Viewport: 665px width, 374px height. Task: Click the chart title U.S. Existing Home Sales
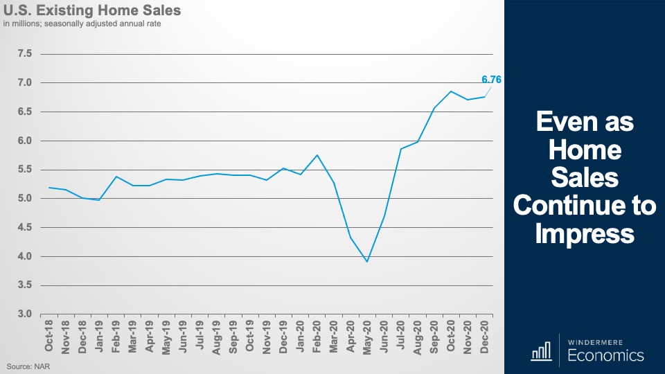[92, 11]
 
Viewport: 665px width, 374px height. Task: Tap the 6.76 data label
[491, 80]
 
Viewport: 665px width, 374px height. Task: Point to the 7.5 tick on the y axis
[24, 54]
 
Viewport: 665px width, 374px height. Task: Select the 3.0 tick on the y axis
[24, 314]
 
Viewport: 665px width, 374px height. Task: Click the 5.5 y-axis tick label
[24, 170]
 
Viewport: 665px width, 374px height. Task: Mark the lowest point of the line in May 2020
[366, 262]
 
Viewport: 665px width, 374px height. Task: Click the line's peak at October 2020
[450, 91]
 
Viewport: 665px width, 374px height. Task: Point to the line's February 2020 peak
[317, 155]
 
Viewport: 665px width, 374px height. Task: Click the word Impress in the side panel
[585, 234]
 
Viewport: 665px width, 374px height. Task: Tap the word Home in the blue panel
[585, 150]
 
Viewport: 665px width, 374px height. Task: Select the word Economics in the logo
[605, 356]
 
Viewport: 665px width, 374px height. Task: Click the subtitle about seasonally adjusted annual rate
[85, 26]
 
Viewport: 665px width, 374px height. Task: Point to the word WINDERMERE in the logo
[602, 342]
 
